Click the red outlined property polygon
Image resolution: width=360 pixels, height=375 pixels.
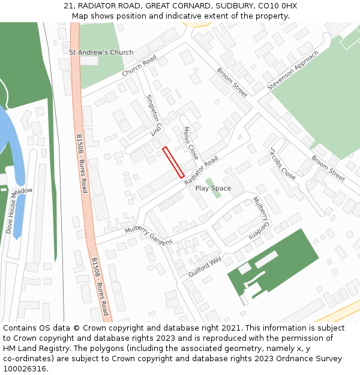[x=173, y=162]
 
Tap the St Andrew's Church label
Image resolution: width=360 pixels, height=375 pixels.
[x=101, y=52]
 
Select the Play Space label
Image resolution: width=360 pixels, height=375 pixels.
[x=213, y=188]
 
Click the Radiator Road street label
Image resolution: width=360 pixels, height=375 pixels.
[x=202, y=171]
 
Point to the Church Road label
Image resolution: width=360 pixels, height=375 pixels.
[x=139, y=65]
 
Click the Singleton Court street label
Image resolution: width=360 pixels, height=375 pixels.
[x=154, y=114]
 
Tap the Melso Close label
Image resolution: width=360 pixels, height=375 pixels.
[x=190, y=142]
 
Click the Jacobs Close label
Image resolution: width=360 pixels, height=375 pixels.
[x=283, y=163]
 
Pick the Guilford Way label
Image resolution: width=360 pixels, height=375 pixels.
[x=205, y=263]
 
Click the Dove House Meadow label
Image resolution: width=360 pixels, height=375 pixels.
[x=18, y=209]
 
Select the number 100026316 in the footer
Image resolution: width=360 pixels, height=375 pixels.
[x=25, y=369]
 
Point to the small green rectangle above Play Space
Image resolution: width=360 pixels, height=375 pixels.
[x=209, y=182]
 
